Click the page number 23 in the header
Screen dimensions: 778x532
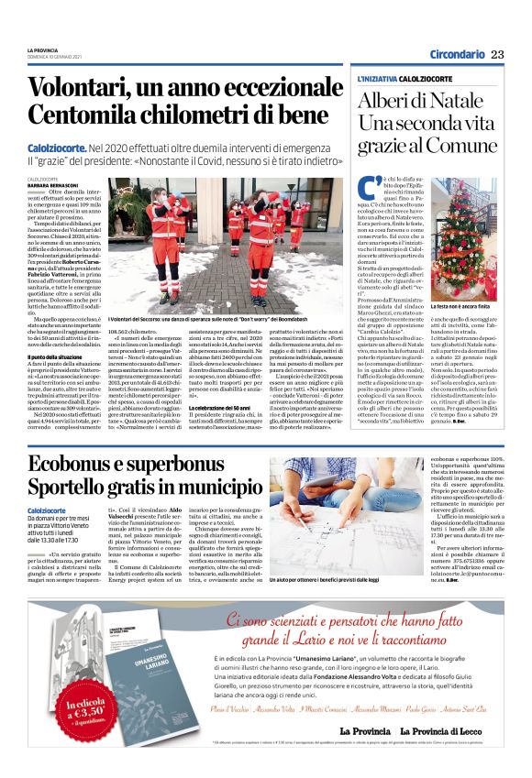point(497,55)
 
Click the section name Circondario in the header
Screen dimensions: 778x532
point(457,55)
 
